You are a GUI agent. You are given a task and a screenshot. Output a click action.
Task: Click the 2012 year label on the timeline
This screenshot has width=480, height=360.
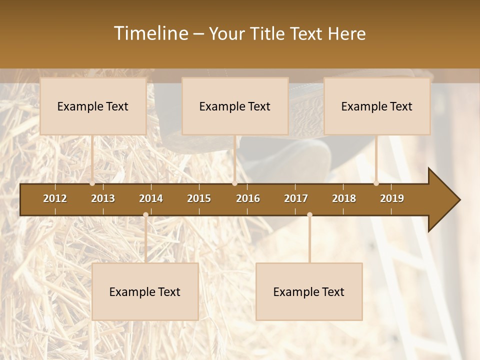tap(55, 198)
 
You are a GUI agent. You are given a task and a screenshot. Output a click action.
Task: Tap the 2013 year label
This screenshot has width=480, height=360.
tap(103, 198)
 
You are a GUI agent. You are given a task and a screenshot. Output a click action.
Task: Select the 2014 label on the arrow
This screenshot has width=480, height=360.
tap(151, 198)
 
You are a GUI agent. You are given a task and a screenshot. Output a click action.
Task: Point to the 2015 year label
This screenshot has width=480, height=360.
tap(199, 198)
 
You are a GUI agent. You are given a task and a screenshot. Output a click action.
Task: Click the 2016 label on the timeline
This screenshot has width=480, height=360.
tap(248, 198)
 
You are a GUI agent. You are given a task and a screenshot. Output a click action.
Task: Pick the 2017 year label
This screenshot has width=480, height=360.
tap(296, 198)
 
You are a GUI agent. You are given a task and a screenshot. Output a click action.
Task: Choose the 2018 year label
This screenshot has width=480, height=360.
tap(344, 198)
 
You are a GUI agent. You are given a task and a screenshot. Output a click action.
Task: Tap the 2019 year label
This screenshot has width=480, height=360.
tap(392, 198)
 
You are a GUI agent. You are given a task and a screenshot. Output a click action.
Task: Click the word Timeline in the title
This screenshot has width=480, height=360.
tap(150, 33)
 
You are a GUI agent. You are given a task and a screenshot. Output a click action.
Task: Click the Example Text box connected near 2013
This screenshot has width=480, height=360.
tap(93, 106)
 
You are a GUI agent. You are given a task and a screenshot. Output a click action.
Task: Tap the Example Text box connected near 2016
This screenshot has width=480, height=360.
tap(235, 106)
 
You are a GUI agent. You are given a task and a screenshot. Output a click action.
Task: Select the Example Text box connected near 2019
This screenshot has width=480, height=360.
tap(377, 106)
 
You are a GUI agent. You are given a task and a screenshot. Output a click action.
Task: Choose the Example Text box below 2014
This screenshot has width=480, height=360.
tap(145, 291)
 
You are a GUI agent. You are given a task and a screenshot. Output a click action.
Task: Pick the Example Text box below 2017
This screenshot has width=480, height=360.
tap(309, 291)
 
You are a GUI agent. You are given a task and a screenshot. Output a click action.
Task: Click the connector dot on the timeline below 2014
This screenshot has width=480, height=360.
tap(145, 215)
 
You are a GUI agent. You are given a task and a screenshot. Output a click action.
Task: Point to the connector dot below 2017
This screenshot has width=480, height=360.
tap(309, 215)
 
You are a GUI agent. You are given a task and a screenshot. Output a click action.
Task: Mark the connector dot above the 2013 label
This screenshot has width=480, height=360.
tap(92, 183)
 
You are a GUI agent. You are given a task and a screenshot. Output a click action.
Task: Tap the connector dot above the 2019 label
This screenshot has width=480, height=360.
tap(376, 183)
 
